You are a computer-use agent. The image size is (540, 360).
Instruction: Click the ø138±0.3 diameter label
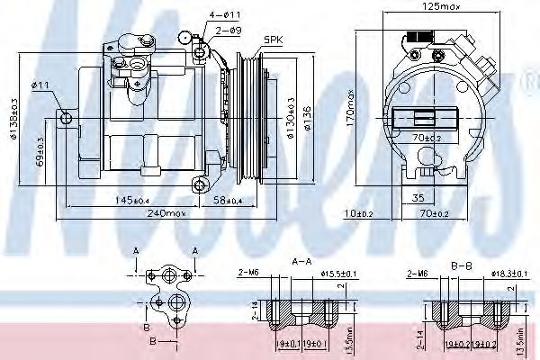[13, 121]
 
